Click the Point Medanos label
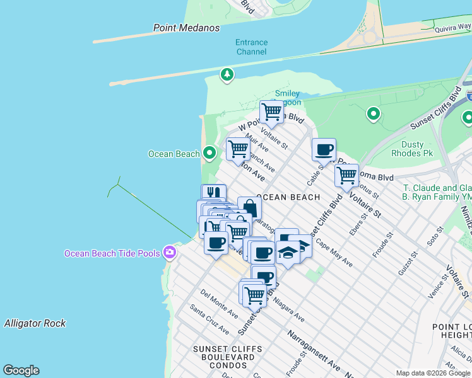187,28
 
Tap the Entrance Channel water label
251,47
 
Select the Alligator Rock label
35,323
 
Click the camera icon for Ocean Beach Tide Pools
169,253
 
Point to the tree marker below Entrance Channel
227,76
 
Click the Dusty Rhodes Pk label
412,149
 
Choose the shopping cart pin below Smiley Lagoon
271,112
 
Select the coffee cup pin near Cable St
324,150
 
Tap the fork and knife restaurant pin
213,193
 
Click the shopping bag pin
249,207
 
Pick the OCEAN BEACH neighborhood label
288,197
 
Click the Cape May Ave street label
334,252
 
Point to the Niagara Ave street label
289,309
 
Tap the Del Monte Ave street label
219,303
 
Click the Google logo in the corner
21,370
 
